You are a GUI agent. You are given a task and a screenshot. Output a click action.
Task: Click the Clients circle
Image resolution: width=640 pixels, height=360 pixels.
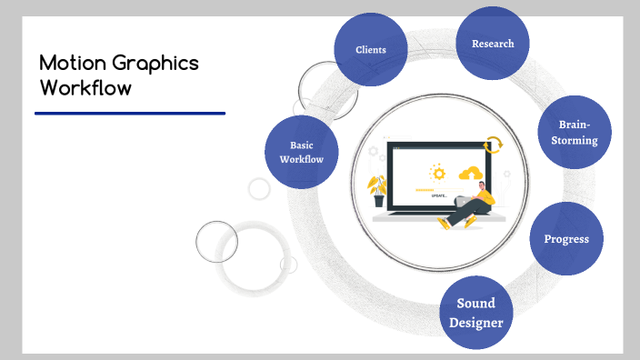tap(370, 50)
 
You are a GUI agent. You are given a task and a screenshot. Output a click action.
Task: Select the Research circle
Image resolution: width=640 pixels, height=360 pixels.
tap(493, 44)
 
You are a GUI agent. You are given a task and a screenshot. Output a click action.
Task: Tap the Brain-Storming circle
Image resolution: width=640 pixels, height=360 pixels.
tap(574, 134)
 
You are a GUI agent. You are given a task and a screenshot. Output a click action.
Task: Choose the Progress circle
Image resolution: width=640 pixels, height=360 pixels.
tap(566, 239)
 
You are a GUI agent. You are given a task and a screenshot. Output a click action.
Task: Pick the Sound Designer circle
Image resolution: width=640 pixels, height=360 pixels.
tap(475, 312)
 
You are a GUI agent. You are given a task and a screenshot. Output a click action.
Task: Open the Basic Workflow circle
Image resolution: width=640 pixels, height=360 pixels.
tap(302, 152)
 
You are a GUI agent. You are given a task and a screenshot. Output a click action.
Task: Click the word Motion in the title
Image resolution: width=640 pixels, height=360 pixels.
tap(72, 64)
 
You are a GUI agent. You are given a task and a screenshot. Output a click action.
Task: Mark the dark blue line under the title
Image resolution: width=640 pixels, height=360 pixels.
tap(129, 114)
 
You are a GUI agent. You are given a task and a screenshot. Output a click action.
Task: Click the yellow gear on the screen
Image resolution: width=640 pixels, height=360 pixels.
tap(438, 172)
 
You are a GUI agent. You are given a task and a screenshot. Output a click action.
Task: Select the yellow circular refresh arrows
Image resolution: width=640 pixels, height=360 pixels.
tap(494, 145)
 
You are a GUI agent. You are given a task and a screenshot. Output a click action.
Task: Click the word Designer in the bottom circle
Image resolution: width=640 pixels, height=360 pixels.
tap(475, 321)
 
